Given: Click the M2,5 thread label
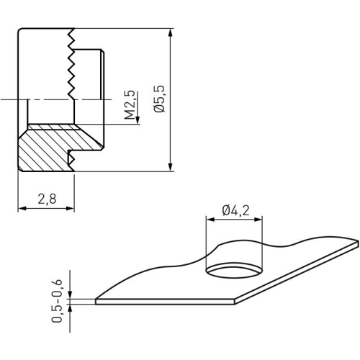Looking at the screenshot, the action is pos(130,105).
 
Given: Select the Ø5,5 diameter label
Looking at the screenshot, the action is pos(159,99).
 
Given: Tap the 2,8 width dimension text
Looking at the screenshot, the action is pos(47,199).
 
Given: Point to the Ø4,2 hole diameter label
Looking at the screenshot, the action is pos(235,210).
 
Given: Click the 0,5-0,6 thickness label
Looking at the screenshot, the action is pos(58,301).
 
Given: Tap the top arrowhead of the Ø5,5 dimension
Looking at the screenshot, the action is pos(170,32).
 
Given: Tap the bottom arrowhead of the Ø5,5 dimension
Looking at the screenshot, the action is pos(170,167).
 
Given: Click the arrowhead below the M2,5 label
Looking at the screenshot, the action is pos(138,120).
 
